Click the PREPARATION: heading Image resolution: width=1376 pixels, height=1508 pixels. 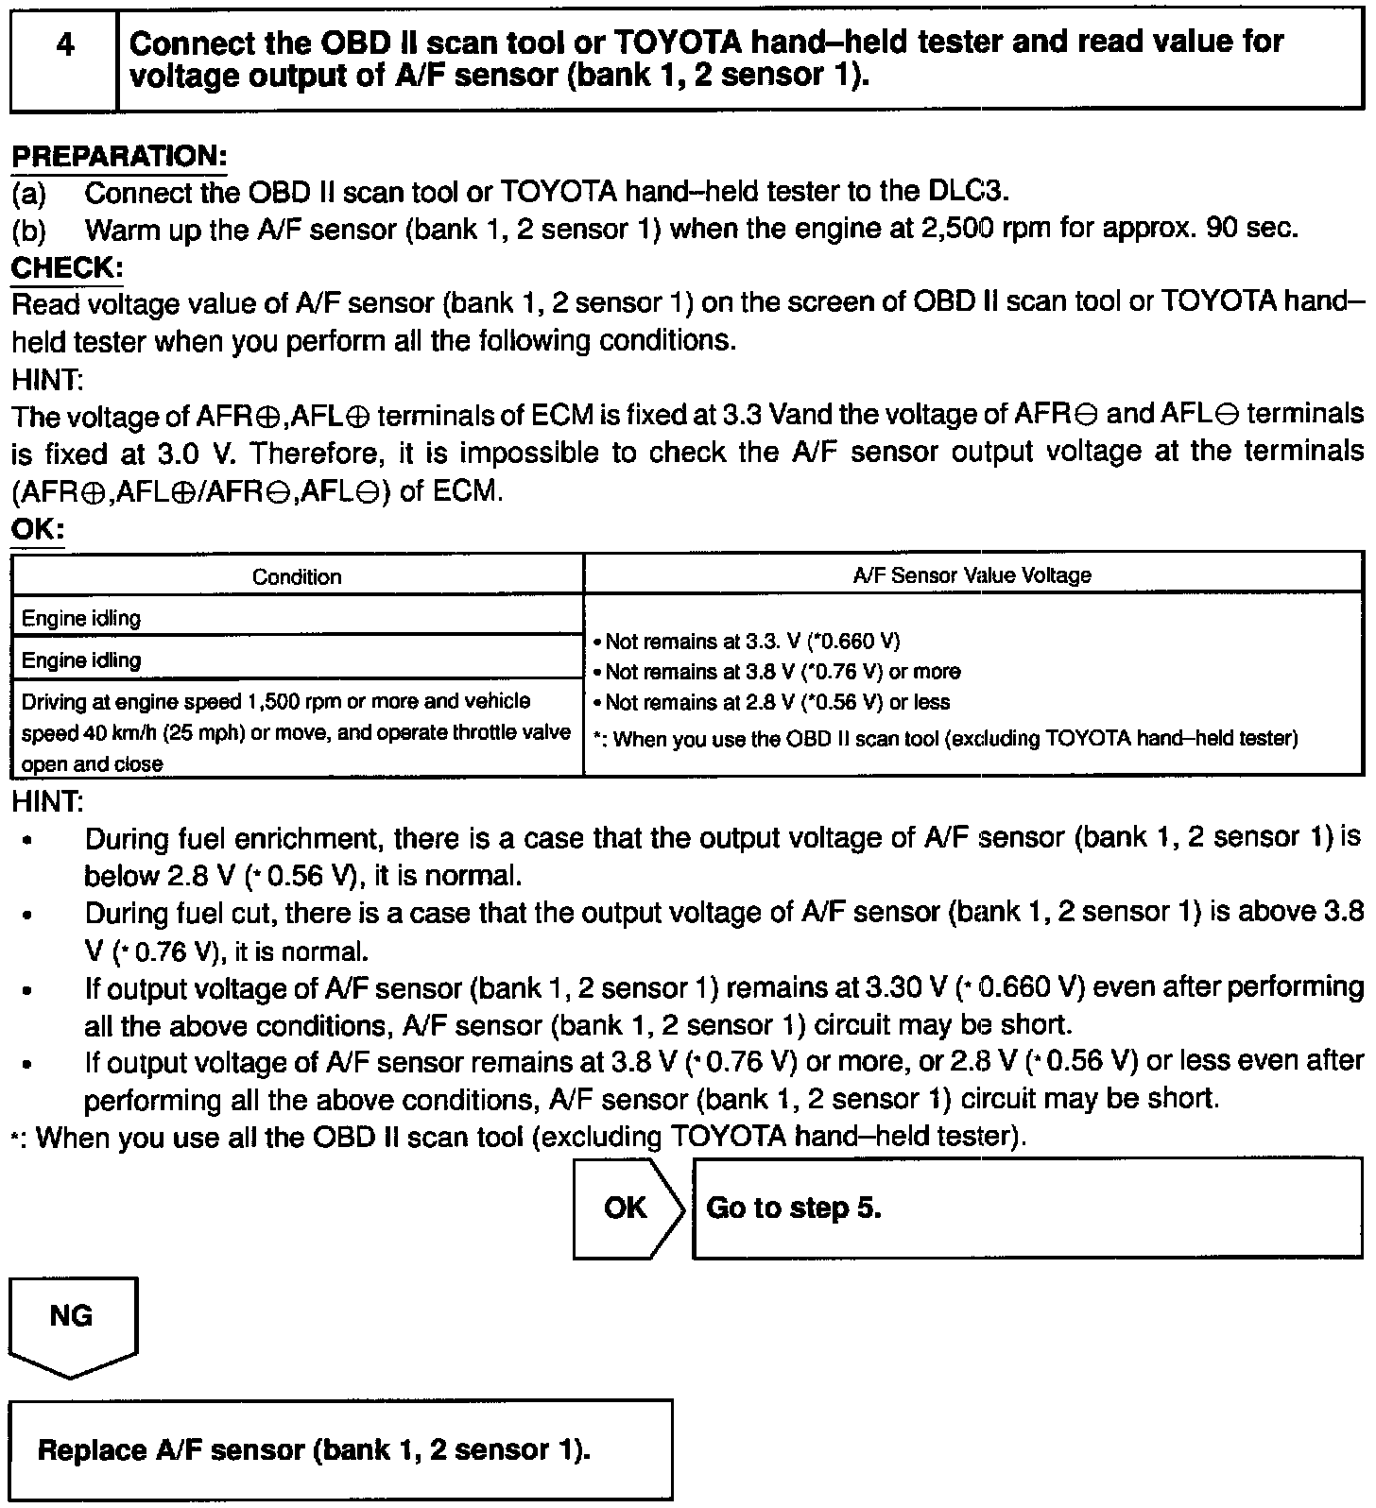point(118,157)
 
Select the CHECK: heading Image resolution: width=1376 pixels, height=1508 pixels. point(66,268)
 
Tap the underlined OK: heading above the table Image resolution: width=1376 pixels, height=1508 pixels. point(36,529)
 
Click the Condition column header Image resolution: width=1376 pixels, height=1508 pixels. point(297,576)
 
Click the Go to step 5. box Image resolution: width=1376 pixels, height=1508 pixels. point(1027,1208)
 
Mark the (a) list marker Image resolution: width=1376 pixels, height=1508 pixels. point(28,193)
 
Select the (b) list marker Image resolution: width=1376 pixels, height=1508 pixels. point(28,230)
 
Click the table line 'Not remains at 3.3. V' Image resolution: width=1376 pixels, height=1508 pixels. point(747,643)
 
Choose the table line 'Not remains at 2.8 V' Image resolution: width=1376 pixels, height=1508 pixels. point(771,703)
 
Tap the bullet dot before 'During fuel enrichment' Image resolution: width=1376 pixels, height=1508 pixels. point(31,840)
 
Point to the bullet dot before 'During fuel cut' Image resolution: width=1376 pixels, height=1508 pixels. point(31,915)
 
